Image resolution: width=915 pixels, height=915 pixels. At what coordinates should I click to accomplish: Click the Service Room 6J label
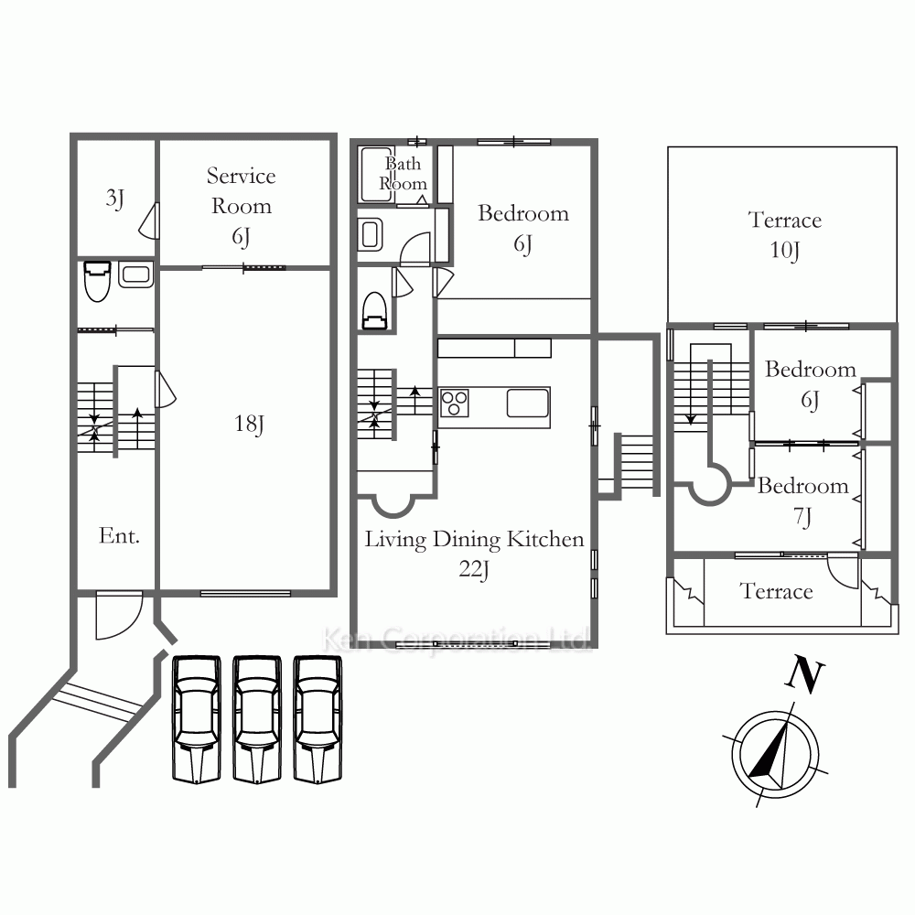(241, 206)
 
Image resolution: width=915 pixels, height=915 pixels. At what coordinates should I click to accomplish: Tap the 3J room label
(115, 199)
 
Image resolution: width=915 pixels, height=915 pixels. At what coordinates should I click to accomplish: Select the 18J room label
(249, 424)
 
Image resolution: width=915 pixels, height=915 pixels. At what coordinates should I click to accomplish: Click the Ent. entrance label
(119, 535)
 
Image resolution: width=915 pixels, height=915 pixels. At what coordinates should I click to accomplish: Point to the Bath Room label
(404, 173)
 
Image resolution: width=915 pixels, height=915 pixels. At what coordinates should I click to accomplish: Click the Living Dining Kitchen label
(474, 540)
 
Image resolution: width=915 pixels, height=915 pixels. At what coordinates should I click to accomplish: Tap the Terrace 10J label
(784, 235)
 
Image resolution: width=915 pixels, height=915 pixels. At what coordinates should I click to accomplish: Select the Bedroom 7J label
(803, 501)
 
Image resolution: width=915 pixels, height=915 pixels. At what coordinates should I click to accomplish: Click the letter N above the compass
(804, 674)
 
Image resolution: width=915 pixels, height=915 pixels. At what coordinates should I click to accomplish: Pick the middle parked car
(257, 719)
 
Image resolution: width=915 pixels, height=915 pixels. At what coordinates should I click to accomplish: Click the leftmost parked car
(197, 719)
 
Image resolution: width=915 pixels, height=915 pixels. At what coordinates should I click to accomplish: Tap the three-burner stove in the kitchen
(454, 404)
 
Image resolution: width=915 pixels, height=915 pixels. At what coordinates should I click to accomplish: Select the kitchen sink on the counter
(528, 404)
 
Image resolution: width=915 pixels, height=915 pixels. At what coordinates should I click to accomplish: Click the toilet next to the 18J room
(98, 281)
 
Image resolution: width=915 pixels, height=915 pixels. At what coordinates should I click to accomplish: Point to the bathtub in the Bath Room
(376, 175)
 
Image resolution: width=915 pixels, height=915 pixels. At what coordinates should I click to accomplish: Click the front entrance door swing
(119, 615)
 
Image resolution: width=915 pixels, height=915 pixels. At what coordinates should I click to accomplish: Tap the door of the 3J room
(149, 221)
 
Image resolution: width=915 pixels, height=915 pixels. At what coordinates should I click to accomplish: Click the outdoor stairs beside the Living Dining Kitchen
(636, 461)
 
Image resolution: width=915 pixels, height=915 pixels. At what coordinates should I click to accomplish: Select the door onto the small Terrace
(843, 572)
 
